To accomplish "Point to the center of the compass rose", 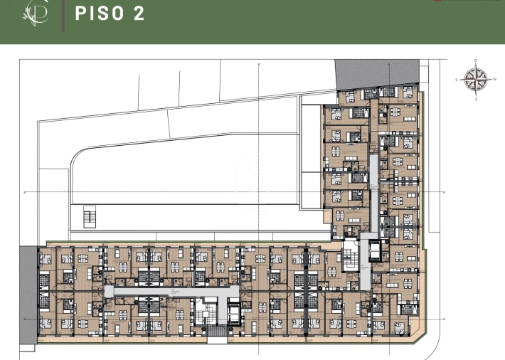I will pyautogui.click(x=475, y=79).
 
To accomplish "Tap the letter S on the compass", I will pyautogui.click(x=457, y=80).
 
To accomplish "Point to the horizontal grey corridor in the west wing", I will pyautogui.click(x=171, y=291).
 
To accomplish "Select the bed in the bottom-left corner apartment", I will pyautogui.click(x=46, y=324).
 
